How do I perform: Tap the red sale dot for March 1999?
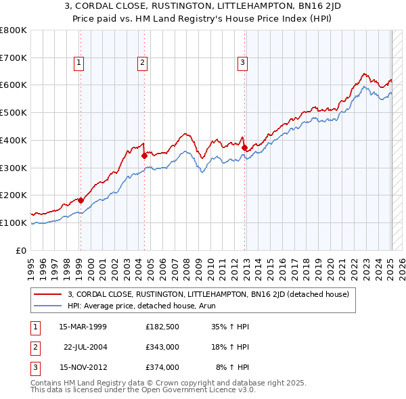[x=81, y=200]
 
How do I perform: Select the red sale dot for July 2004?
[x=144, y=156]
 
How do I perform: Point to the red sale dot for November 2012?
[x=244, y=147]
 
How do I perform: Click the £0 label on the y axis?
[x=22, y=250]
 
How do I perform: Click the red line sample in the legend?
[x=48, y=294]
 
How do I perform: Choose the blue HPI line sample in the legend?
[x=48, y=306]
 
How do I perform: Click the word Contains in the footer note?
[x=47, y=383]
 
